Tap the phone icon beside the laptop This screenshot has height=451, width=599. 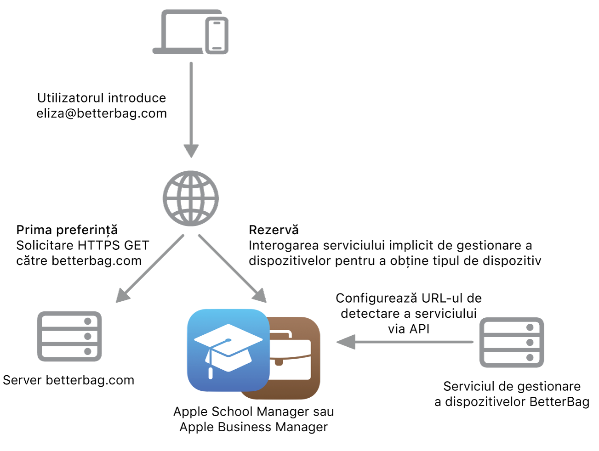pos(217,35)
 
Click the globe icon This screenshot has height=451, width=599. pos(191,198)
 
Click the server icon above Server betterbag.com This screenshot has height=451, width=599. pos(69,336)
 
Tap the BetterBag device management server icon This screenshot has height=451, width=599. pos(511,342)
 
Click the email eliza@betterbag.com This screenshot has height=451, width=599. pos(102,113)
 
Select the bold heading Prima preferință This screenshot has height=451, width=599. pos(67,230)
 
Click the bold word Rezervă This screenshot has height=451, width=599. pos(274,230)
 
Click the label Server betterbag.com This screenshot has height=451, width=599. pos(68,380)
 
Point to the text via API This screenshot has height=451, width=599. pos(408,329)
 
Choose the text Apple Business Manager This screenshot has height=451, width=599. pos(253,427)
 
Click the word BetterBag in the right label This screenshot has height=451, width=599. pos(559,402)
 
